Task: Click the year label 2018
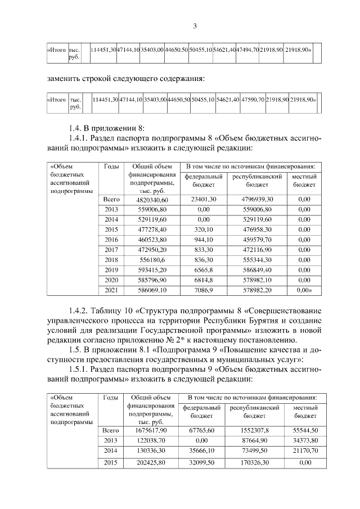click(111, 260)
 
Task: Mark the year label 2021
click(111, 290)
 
